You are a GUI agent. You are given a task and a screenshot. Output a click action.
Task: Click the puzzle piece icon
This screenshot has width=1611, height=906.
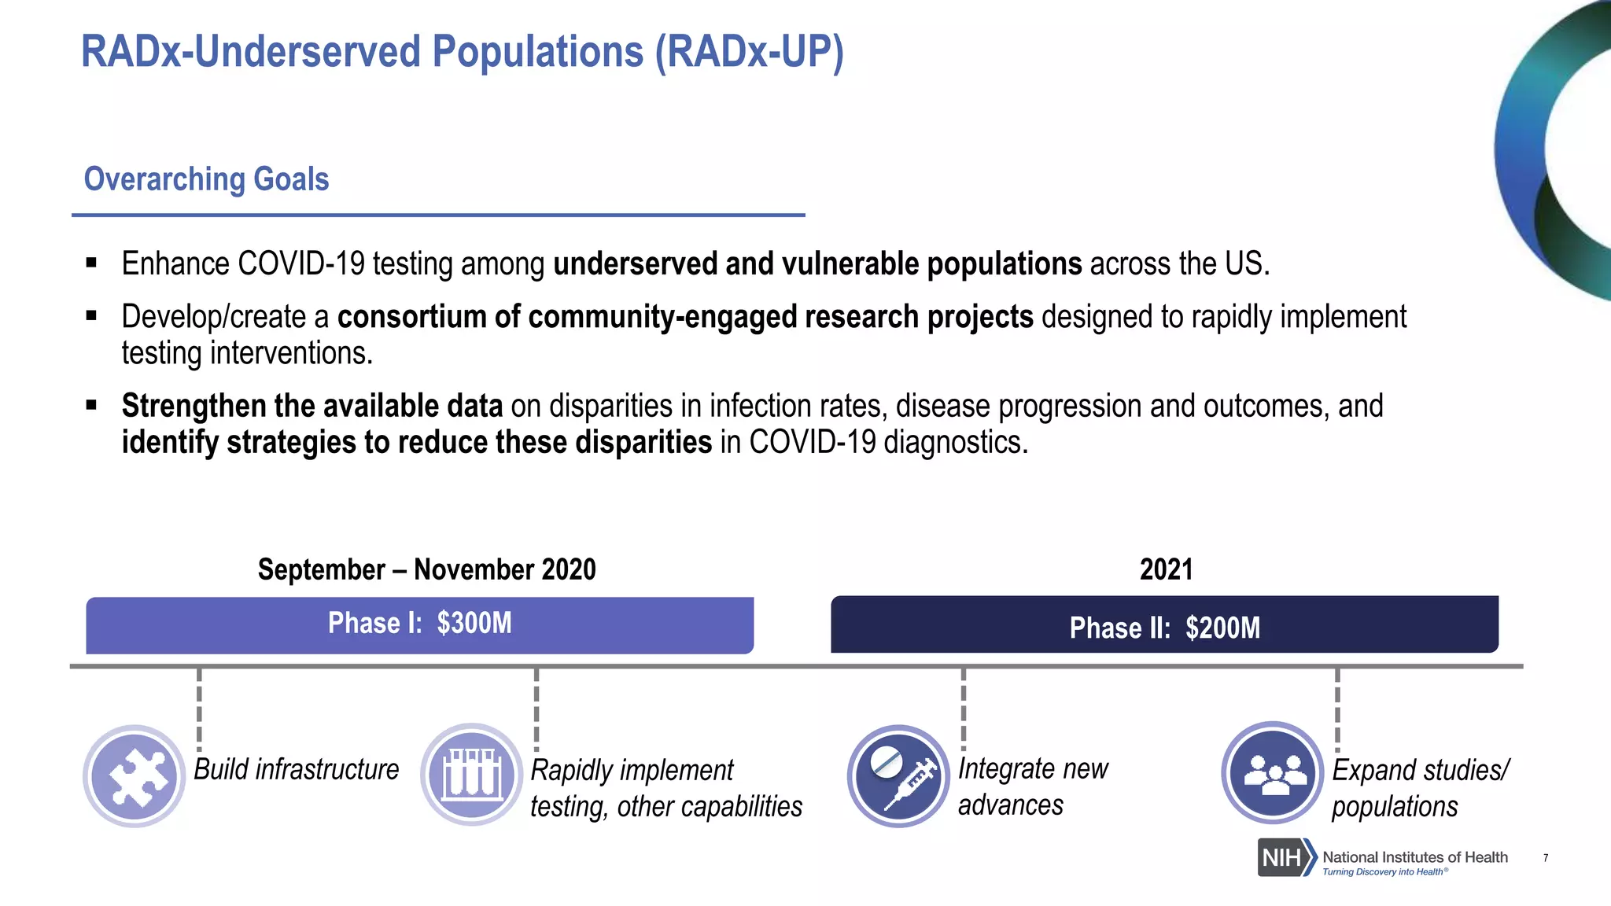click(x=135, y=776)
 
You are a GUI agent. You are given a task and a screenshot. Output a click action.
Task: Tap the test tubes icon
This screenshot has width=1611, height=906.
click(x=471, y=775)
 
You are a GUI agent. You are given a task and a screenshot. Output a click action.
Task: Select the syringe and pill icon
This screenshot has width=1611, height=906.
click(x=898, y=775)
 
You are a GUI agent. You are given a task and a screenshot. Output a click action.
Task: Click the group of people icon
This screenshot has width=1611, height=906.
click(x=1272, y=773)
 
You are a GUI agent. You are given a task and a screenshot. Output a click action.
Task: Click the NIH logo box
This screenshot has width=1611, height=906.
click(x=1282, y=857)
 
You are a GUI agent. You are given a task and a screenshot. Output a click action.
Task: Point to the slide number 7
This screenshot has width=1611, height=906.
click(x=1546, y=858)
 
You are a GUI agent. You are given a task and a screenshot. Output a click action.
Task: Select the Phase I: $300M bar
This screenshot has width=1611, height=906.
click(x=419, y=624)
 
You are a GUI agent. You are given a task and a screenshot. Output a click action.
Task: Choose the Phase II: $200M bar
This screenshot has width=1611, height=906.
click(x=1164, y=626)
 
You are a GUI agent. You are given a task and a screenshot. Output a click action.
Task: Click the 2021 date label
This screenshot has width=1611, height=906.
click(x=1166, y=569)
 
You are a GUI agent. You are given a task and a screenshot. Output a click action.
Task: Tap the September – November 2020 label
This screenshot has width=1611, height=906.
click(x=426, y=569)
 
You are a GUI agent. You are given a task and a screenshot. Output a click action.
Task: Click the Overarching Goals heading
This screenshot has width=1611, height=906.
click(x=206, y=179)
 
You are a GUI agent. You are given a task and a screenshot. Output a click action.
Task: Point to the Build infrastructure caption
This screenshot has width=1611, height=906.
click(x=296, y=769)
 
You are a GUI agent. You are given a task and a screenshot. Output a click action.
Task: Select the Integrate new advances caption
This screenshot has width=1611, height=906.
click(x=1032, y=786)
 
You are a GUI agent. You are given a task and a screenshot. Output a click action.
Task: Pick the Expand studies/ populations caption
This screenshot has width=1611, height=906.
click(x=1419, y=788)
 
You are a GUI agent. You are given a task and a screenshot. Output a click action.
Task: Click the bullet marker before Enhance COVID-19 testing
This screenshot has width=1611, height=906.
click(x=91, y=263)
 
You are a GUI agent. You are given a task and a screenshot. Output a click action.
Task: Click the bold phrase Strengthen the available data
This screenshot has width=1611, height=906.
click(x=312, y=407)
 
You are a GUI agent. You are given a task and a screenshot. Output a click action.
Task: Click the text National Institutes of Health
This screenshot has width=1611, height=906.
click(x=1414, y=857)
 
